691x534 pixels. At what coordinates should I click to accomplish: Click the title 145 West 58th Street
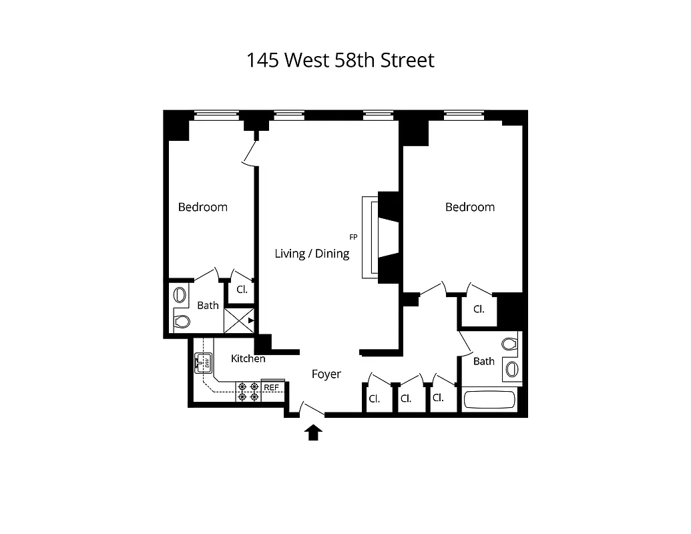[x=340, y=60]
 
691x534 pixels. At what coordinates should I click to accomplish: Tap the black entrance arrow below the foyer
[x=313, y=433]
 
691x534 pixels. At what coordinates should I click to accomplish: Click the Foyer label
[x=326, y=374]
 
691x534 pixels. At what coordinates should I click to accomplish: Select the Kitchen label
[x=248, y=358]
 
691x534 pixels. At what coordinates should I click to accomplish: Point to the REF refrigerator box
[x=272, y=387]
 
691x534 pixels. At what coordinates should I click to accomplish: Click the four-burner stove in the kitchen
[x=248, y=392]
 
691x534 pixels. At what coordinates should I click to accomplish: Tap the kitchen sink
[x=203, y=362]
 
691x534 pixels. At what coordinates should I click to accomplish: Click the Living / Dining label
[x=312, y=254]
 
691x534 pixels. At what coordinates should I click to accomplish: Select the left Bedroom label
[x=202, y=207]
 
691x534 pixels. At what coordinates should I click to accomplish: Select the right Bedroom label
[x=470, y=207]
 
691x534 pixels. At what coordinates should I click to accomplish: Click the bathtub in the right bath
[x=490, y=400]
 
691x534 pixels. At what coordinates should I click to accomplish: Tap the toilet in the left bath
[x=181, y=322]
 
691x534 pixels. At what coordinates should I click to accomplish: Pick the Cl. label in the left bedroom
[x=242, y=290]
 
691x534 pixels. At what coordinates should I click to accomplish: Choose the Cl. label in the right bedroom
[x=479, y=310]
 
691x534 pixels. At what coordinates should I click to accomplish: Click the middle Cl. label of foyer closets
[x=406, y=398]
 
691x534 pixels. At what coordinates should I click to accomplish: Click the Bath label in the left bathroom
[x=208, y=305]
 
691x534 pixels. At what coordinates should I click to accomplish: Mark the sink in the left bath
[x=180, y=294]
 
